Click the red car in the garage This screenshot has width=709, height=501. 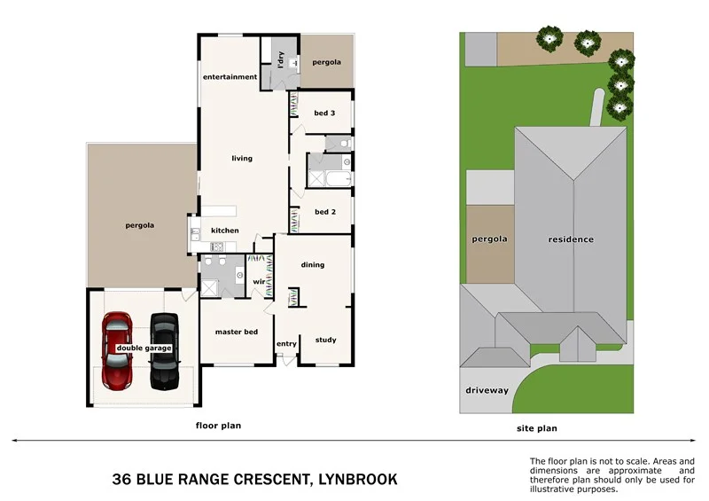[118, 351]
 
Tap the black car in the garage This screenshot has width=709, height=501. [164, 351]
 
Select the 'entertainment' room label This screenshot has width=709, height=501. [230, 77]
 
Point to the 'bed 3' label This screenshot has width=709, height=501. [324, 114]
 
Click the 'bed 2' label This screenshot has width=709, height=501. [324, 212]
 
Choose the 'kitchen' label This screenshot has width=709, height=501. [224, 231]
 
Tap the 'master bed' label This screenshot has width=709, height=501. [237, 332]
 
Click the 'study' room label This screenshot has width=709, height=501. [325, 340]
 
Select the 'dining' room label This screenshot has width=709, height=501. [312, 264]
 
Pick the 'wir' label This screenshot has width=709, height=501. [260, 282]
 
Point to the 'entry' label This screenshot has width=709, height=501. [286, 344]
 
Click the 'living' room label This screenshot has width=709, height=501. [242, 159]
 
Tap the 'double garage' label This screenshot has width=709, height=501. [144, 348]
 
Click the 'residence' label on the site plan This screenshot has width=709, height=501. [571, 239]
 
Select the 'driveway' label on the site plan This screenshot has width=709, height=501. [487, 390]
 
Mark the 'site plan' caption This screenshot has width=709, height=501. [537, 428]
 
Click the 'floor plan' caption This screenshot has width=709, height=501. [218, 426]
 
